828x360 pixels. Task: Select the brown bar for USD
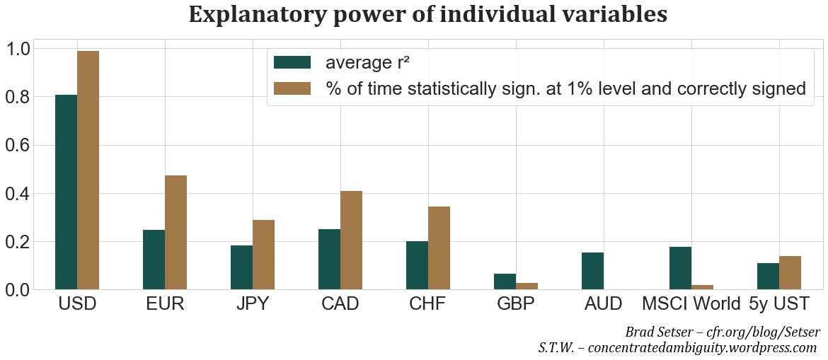88,170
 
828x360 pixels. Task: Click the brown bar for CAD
352,240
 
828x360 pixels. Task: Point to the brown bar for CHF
439,248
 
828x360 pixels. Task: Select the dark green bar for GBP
505,281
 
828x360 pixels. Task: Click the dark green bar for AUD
592,270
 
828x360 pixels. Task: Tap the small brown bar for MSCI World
703,286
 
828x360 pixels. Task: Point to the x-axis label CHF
428,304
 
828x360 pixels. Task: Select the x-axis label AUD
604,304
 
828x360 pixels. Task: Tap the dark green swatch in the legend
292,62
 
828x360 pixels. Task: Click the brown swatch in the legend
292,88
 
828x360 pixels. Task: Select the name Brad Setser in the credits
660,332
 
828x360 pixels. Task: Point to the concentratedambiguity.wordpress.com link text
703,347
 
